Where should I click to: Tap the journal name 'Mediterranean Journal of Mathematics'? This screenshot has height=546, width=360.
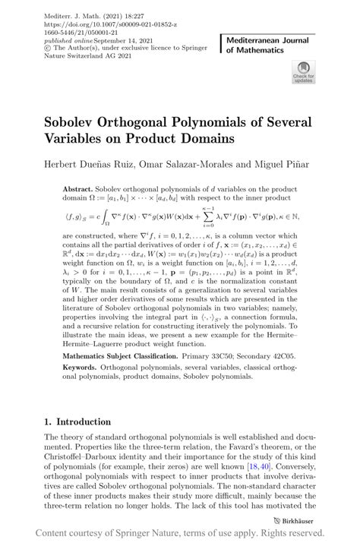tap(270, 43)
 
